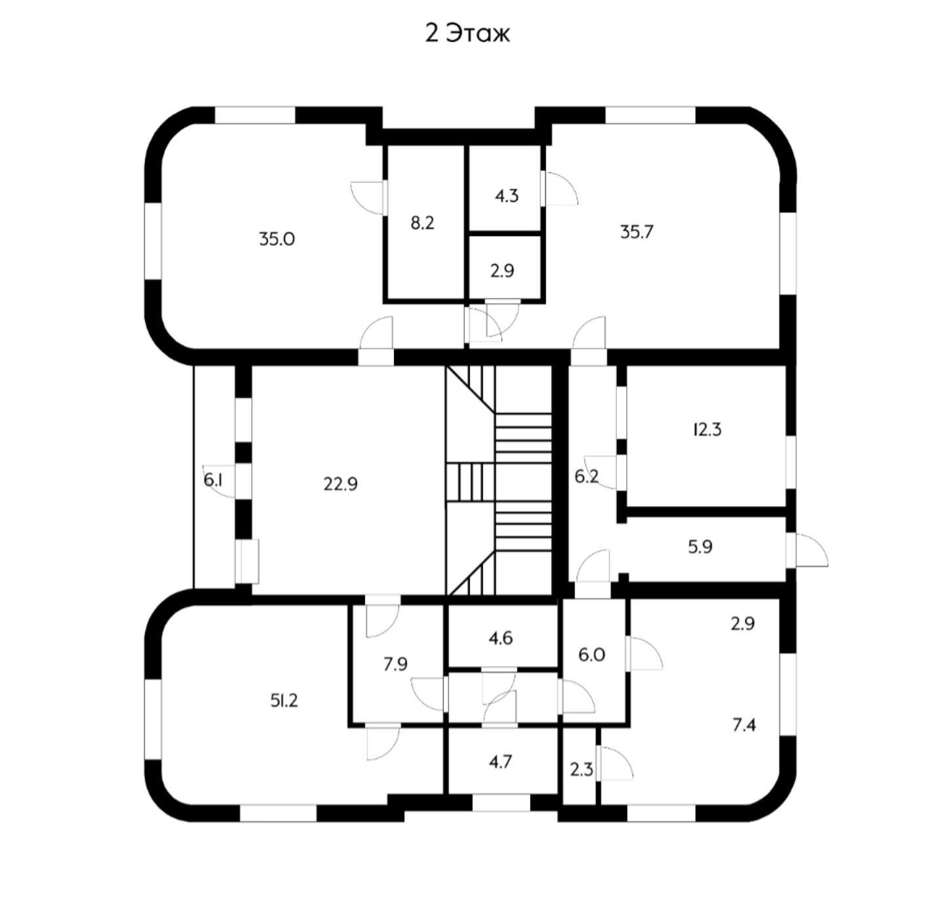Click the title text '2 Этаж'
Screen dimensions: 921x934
pos(467,33)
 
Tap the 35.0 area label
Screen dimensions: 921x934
pos(277,239)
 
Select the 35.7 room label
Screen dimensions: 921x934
pos(636,232)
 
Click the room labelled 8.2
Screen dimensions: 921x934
pos(423,223)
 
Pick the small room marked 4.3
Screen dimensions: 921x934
pos(507,195)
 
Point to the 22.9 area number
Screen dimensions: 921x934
pos(340,484)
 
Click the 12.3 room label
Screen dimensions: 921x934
pos(707,430)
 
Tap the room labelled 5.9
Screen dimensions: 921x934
pos(700,547)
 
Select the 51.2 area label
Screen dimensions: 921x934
pos(284,701)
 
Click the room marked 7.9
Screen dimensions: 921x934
pos(395,664)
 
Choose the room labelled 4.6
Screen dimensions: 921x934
pos(501,638)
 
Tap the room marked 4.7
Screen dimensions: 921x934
pos(500,762)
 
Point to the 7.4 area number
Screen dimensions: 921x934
pos(744,725)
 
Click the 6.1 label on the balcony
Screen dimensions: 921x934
pos(213,480)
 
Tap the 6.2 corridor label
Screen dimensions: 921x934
pos(587,477)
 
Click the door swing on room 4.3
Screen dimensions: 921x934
pos(560,189)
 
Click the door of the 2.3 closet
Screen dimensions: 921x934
pos(615,764)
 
